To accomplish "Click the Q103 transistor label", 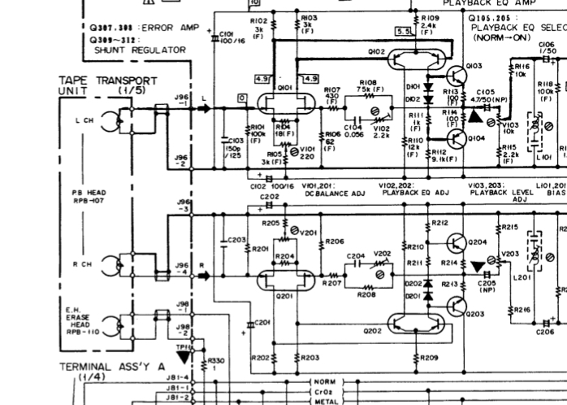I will pyautogui.click(x=474, y=67).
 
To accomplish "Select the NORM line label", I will pyautogui.click(x=325, y=381).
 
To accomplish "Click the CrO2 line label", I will pyautogui.click(x=325, y=390).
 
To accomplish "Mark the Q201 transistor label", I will pyautogui.click(x=285, y=296).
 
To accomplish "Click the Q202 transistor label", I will pyautogui.click(x=372, y=331).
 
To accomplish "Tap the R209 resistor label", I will pyautogui.click(x=431, y=357).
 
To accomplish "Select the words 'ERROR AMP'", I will pyautogui.click(x=163, y=27).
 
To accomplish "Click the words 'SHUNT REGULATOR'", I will pyautogui.click(x=140, y=50).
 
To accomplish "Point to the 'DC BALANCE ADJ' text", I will pyautogui.click(x=331, y=193).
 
